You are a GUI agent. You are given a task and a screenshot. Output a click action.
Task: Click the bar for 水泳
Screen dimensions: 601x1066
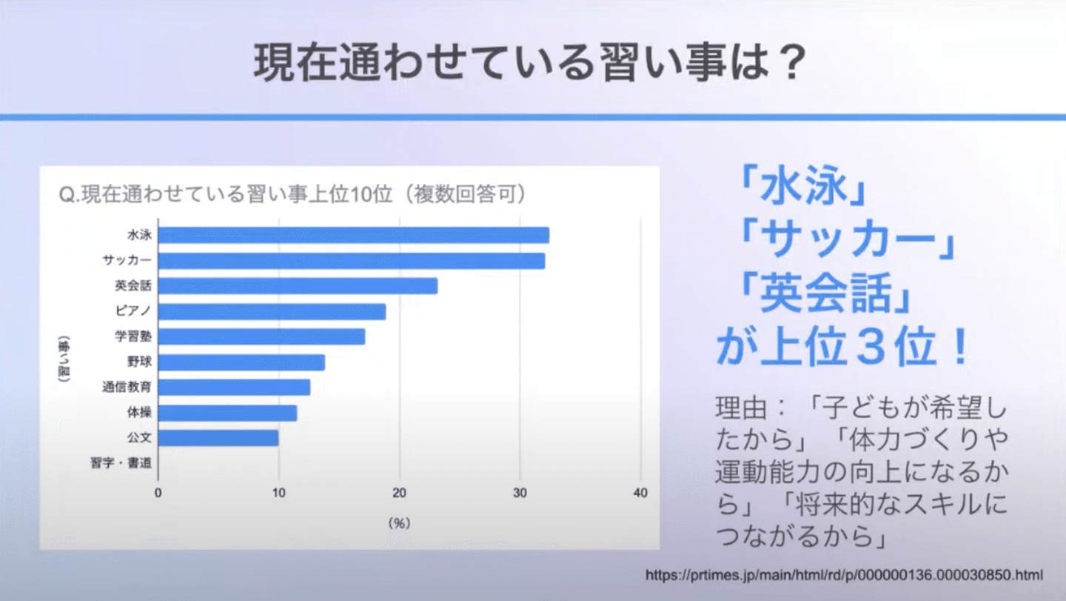pyautogui.click(x=354, y=235)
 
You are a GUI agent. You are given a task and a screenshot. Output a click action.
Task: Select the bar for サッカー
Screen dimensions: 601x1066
pyautogui.click(x=352, y=261)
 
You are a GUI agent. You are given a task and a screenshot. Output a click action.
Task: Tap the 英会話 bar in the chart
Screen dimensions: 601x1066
pyautogui.click(x=298, y=286)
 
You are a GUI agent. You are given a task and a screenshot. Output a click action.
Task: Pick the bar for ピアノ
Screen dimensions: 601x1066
pyautogui.click(x=272, y=311)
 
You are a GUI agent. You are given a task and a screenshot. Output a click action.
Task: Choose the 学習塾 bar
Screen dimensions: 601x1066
pyautogui.click(x=261, y=336)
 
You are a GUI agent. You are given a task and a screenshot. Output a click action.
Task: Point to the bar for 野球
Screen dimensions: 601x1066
pyautogui.click(x=241, y=362)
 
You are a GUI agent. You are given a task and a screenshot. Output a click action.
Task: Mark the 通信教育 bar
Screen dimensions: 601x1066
pyautogui.click(x=234, y=388)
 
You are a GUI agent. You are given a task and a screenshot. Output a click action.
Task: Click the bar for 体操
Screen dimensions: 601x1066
pyautogui.click(x=227, y=413)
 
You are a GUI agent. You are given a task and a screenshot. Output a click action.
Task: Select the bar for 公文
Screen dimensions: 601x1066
pyautogui.click(x=218, y=438)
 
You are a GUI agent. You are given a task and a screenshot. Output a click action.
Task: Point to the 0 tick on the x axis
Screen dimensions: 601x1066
pyautogui.click(x=158, y=494)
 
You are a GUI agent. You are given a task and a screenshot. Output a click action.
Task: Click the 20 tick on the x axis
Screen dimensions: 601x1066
pyautogui.click(x=400, y=494)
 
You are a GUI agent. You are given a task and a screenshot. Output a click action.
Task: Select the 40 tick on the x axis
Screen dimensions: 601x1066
pyautogui.click(x=641, y=494)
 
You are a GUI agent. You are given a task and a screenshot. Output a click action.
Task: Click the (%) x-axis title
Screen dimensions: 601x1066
pyautogui.click(x=399, y=523)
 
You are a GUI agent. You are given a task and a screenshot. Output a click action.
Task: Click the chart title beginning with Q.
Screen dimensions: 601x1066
pyautogui.click(x=292, y=196)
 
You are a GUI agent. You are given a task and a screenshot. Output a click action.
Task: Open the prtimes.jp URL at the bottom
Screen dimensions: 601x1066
pyautogui.click(x=844, y=575)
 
